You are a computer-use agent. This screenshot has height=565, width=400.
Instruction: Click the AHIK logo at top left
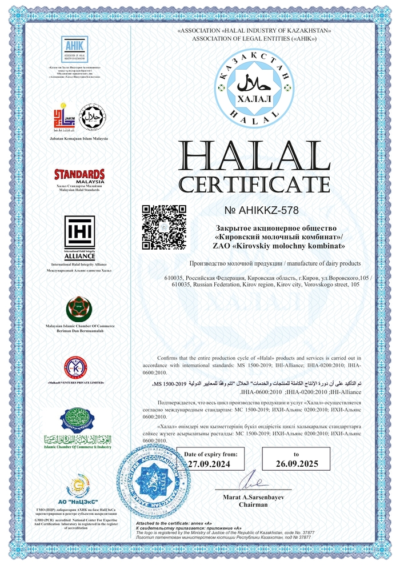74,49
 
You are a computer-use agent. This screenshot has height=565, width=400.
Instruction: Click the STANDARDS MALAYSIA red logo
79,175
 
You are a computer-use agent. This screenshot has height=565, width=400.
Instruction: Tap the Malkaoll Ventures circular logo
75,367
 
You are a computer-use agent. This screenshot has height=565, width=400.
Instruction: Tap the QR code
164,227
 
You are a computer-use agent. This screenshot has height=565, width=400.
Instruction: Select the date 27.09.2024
210,464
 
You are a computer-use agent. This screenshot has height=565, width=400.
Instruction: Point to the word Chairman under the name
253,505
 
